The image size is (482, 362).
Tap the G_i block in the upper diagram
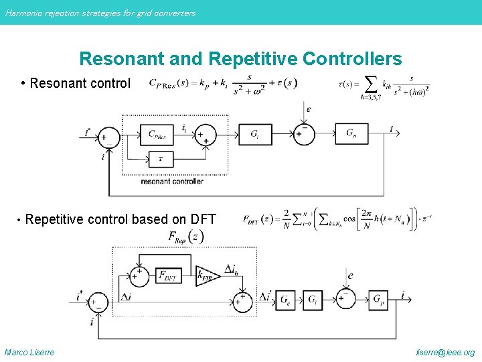tap(254, 134)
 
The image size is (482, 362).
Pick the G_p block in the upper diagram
tap(352, 134)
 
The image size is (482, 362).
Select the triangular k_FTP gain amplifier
tap(206, 275)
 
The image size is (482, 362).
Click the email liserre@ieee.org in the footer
tap(445, 353)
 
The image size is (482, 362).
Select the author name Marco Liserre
tap(29, 353)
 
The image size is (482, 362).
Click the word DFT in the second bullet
tap(203, 219)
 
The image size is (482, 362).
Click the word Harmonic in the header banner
tap(22, 13)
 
